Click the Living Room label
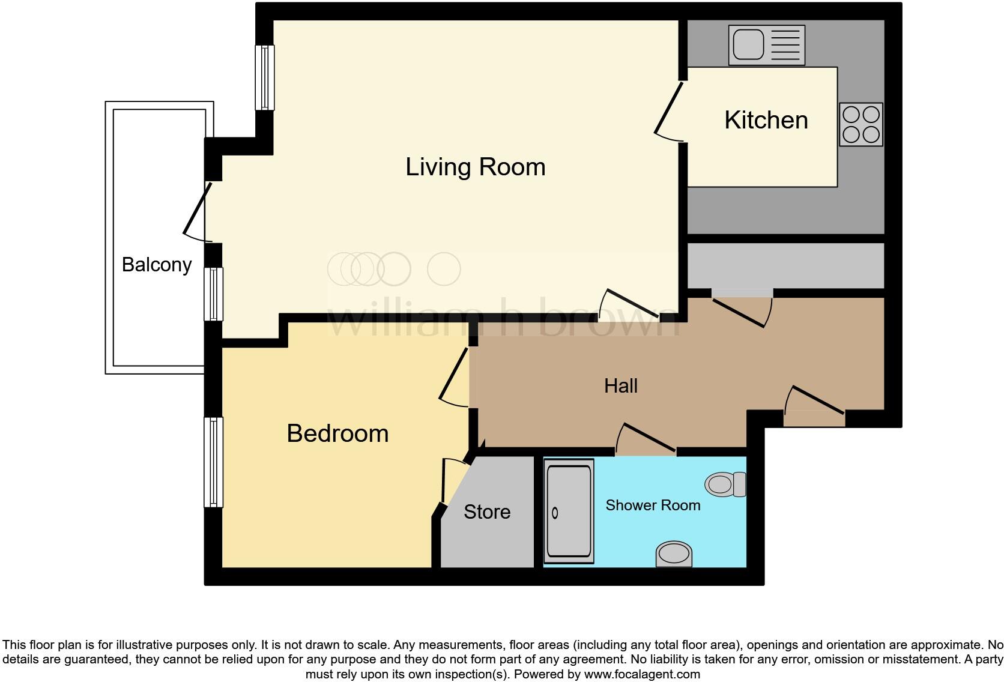(475, 167)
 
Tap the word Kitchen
(766, 120)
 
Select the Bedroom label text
(337, 433)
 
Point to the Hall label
(620, 385)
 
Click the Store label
(486, 511)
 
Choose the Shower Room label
(653, 505)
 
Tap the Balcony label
(156, 264)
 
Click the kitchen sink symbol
(766, 45)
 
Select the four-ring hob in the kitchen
(860, 124)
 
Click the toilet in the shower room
(725, 484)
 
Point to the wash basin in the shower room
(674, 554)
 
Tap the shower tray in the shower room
(568, 511)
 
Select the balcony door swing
(197, 211)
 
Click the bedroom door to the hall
(455, 377)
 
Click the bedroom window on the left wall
(213, 462)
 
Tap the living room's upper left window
(265, 77)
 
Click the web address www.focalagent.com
(641, 674)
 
